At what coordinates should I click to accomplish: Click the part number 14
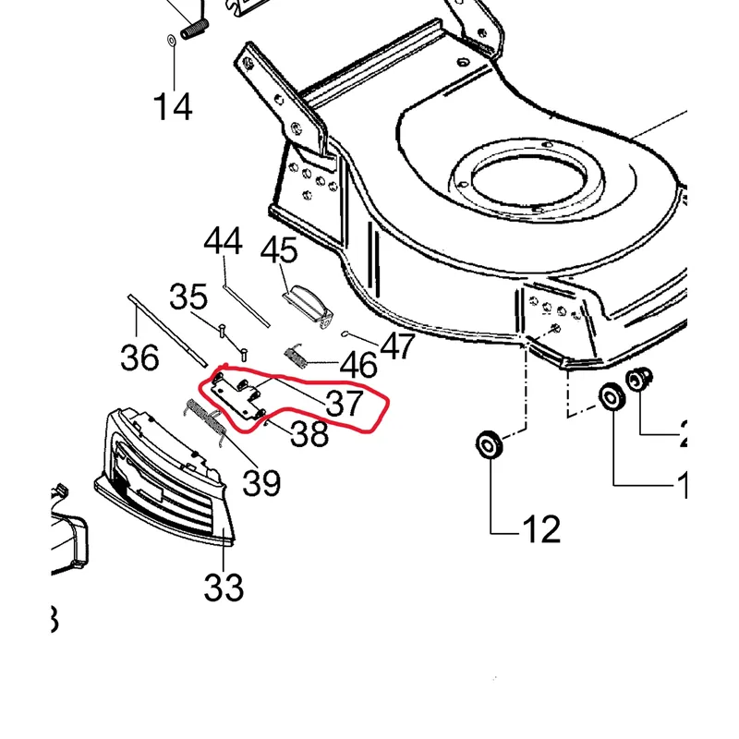(173, 106)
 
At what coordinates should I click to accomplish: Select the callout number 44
(223, 243)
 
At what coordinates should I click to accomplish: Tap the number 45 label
(279, 250)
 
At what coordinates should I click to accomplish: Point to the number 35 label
(188, 297)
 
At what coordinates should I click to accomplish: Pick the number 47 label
(397, 346)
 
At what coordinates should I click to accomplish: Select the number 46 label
(358, 365)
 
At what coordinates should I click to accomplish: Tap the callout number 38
(309, 433)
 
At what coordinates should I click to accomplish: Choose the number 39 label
(261, 481)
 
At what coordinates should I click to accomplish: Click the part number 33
(224, 587)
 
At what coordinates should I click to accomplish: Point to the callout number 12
(540, 529)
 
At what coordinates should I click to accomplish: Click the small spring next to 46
(295, 357)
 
